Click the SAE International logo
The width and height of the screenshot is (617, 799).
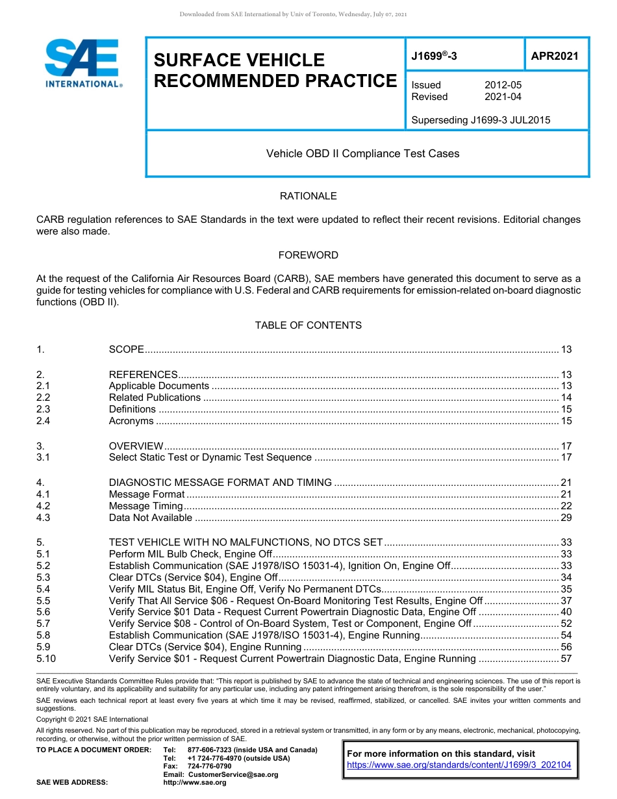pos(82,64)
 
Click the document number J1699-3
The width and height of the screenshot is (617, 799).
pos(434,56)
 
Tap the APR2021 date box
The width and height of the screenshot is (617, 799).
pos(555,56)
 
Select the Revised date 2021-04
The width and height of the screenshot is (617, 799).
pos(503,97)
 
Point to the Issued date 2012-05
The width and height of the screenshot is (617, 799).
pos(503,85)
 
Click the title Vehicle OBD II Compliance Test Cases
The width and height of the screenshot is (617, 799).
pos(362,154)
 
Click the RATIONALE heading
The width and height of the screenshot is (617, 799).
pos(308,196)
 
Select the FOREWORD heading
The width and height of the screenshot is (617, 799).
pos(308,255)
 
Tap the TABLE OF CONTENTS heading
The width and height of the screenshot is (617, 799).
pos(308,325)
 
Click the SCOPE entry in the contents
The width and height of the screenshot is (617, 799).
pos(127,349)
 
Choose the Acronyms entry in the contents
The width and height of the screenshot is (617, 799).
pos(131,421)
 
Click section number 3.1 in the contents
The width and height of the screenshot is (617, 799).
pos(44,457)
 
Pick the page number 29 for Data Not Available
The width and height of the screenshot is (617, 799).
pos(566,518)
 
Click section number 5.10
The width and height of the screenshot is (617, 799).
pos(46,659)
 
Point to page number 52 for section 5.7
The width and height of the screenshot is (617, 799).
pos(566,624)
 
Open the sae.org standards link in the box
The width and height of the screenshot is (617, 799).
pos(459,765)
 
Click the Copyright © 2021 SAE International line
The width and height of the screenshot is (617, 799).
pos(92,719)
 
